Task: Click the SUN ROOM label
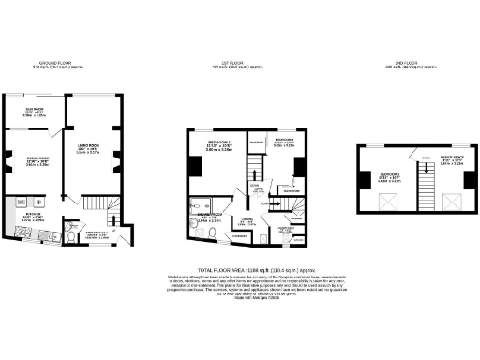pyautogui.click(x=31, y=111)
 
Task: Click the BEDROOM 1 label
pyautogui.click(x=218, y=144)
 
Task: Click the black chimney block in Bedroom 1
pyautogui.click(x=194, y=167)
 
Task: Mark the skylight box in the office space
pyautogui.click(x=452, y=200)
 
